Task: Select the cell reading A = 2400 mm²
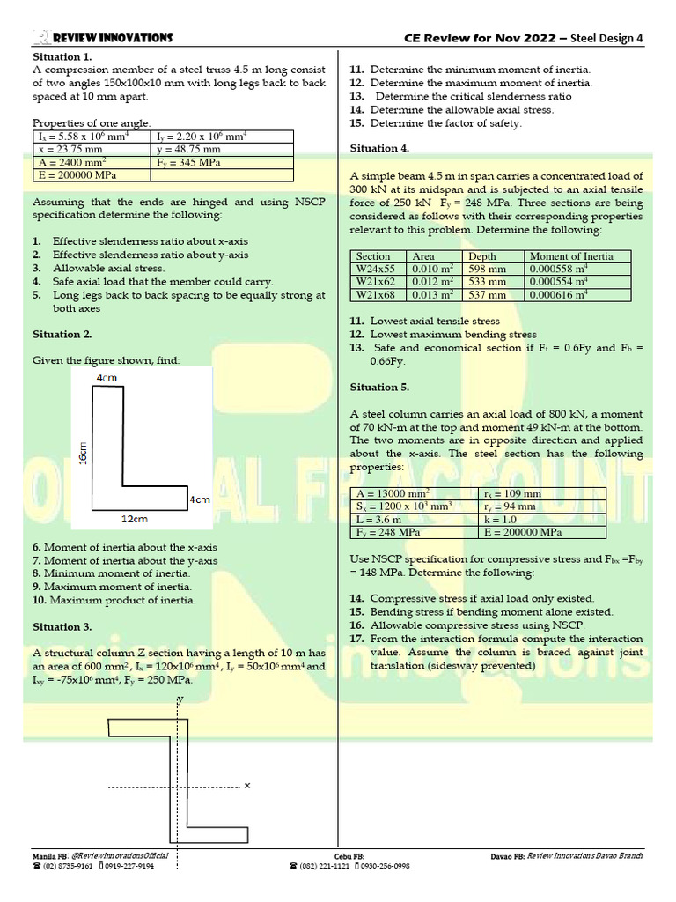tap(70, 163)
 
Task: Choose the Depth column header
tap(483, 256)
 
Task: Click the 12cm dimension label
tap(134, 519)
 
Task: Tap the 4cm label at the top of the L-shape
tap(106, 377)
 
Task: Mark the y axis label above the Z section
tap(180, 698)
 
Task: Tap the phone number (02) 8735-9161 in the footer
tap(65, 866)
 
